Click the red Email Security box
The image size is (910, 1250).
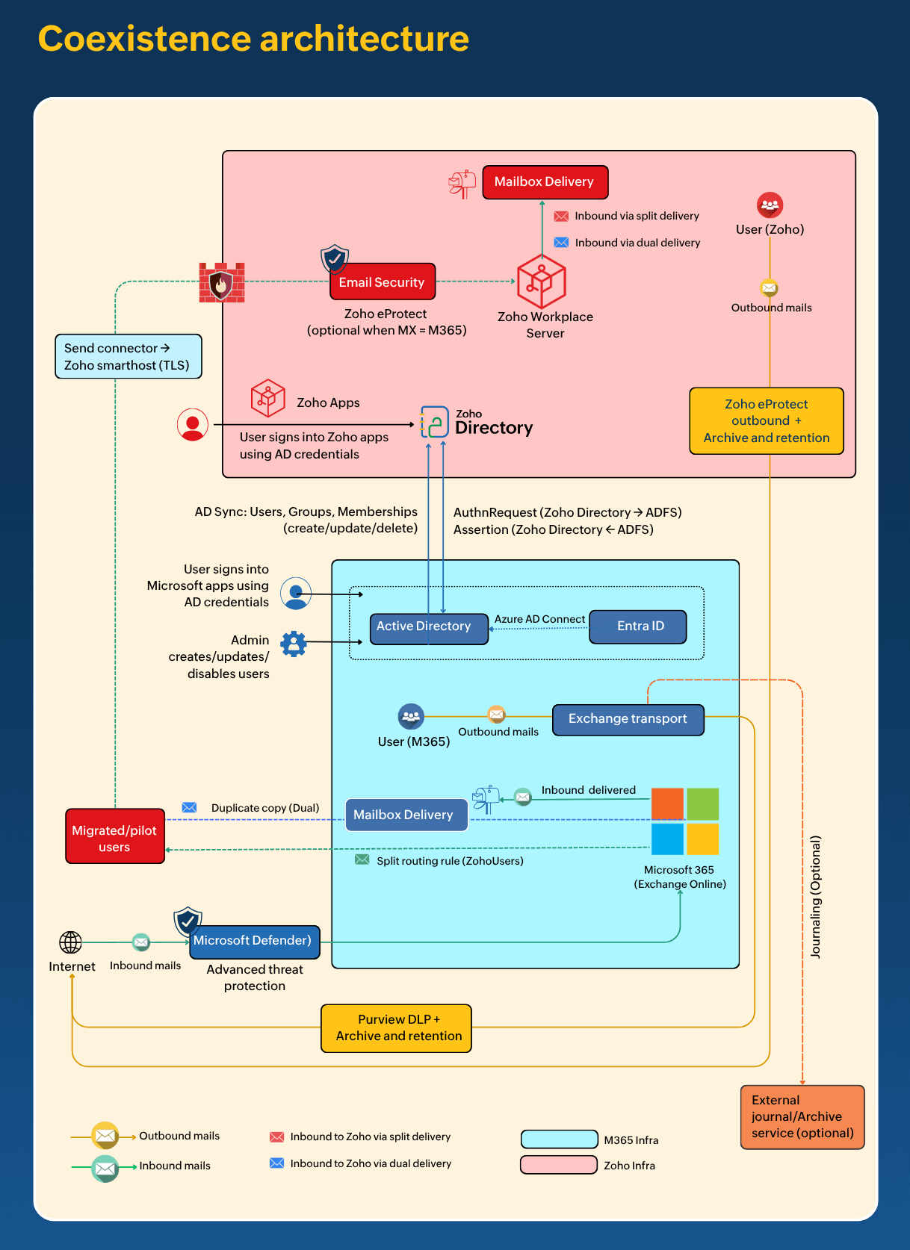pos(382,282)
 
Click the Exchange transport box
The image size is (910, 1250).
pos(628,719)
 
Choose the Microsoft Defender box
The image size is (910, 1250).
pos(254,941)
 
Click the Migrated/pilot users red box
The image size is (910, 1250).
pos(114,837)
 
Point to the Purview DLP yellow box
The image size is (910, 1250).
pos(396,1028)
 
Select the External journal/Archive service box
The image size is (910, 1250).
pos(802,1117)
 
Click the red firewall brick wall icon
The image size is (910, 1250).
pos(221,283)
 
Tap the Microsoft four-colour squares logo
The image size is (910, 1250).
pos(684,821)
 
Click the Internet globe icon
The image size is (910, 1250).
pos(71,942)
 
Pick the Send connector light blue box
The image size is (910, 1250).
pos(128,356)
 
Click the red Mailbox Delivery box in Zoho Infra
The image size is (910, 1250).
pos(545,182)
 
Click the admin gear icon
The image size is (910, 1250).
pos(294,644)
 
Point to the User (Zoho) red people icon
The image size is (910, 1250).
pos(770,205)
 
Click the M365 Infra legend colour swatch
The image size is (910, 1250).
pos(559,1139)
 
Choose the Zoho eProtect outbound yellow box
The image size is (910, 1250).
pos(766,421)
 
